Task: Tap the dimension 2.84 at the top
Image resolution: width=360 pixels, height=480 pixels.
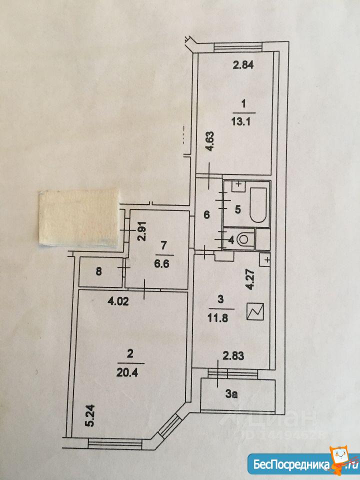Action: pos(243,65)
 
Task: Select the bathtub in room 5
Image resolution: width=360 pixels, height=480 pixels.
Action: pos(258,205)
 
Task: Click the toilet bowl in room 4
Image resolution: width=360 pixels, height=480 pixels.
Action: pos(246,239)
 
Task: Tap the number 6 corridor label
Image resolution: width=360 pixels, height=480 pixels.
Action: pos(206,215)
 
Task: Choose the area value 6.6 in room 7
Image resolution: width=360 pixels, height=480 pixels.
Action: pos(162,263)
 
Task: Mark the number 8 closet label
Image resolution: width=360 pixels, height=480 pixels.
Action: pos(98,271)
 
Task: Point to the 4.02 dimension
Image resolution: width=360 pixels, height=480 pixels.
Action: pos(118,301)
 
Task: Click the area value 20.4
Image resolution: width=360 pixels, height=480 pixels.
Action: pos(127,372)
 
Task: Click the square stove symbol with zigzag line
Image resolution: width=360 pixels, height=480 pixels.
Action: pos(255,311)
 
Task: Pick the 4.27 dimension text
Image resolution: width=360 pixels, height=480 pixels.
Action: pos(251,279)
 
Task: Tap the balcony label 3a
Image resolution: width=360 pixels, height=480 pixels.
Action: pos(231,394)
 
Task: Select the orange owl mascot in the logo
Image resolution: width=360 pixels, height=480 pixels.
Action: pos(340,459)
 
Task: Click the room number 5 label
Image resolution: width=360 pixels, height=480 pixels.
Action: pos(238,209)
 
